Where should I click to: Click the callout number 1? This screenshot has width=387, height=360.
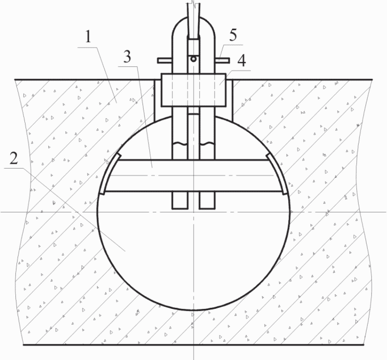(x=88, y=36)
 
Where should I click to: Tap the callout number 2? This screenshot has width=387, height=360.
(x=14, y=158)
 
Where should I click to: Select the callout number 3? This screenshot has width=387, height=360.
(x=127, y=56)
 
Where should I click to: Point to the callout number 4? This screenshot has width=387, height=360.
(x=242, y=61)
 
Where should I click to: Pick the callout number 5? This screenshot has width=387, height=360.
(x=233, y=35)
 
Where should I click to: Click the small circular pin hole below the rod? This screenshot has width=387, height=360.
(x=194, y=58)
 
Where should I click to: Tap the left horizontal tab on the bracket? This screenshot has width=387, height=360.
(x=165, y=60)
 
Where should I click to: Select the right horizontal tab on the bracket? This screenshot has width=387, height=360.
(x=222, y=60)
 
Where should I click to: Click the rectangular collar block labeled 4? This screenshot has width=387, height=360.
(x=194, y=90)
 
